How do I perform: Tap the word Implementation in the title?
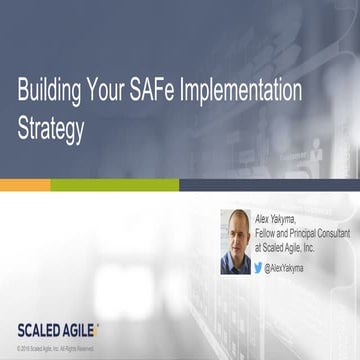coord(241,93)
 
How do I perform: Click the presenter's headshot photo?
coord(235,241)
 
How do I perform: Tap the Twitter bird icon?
coord(258,268)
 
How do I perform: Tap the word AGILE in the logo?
coord(84,330)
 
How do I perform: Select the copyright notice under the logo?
coord(56,348)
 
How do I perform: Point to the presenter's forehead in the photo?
coord(236,222)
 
